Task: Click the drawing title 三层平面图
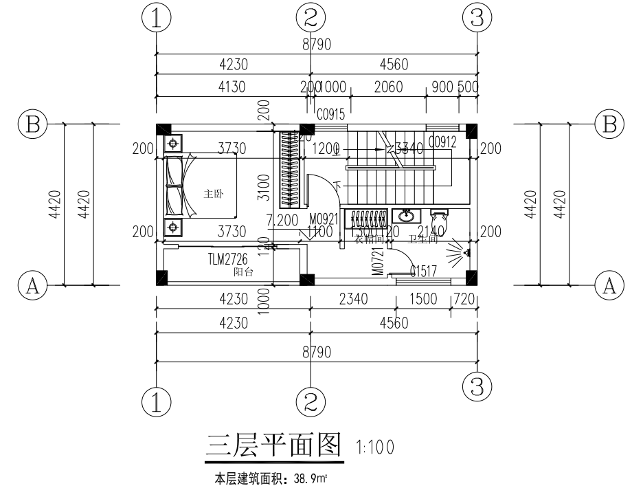click(x=273, y=446)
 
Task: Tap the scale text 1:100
click(x=375, y=447)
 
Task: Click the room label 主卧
click(x=212, y=194)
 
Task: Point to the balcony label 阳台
click(x=243, y=272)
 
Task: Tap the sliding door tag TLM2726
click(x=227, y=259)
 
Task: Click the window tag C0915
click(x=330, y=115)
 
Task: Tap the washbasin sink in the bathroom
click(x=406, y=216)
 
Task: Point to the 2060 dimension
click(x=388, y=87)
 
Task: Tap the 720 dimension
click(x=465, y=300)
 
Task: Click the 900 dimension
click(x=441, y=87)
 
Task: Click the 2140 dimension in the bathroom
click(x=431, y=232)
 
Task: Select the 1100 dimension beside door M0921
click(x=319, y=232)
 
